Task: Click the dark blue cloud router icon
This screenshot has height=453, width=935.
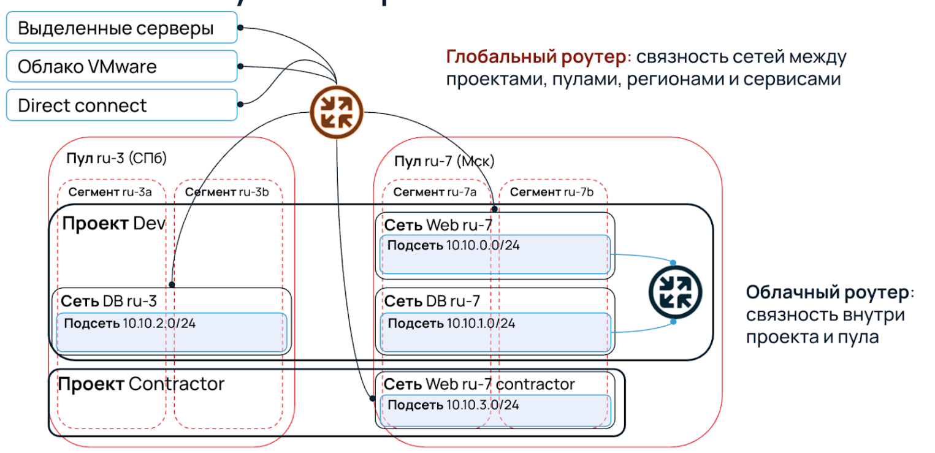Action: point(675,291)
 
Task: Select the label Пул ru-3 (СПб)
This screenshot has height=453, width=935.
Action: point(116,158)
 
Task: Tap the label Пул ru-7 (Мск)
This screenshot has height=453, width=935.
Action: point(444,161)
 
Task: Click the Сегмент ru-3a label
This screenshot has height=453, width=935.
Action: point(110,192)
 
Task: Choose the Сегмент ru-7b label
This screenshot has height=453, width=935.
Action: point(552,192)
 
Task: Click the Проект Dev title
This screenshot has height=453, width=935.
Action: point(114,223)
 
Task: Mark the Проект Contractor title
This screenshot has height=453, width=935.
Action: point(141,384)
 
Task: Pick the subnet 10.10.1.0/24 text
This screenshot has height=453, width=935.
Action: point(452,323)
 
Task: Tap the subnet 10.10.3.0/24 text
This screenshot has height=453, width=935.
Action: point(454,405)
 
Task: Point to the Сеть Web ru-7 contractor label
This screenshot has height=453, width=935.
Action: point(479,384)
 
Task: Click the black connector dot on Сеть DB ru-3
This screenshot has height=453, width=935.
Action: point(173,284)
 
